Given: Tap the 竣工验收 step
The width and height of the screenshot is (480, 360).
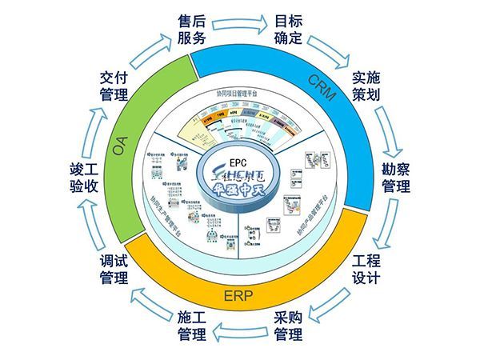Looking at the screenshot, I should [x=87, y=178].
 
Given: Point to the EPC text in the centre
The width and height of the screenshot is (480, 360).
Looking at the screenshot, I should [x=241, y=151].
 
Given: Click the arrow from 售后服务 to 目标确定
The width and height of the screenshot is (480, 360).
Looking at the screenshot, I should [x=242, y=26].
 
